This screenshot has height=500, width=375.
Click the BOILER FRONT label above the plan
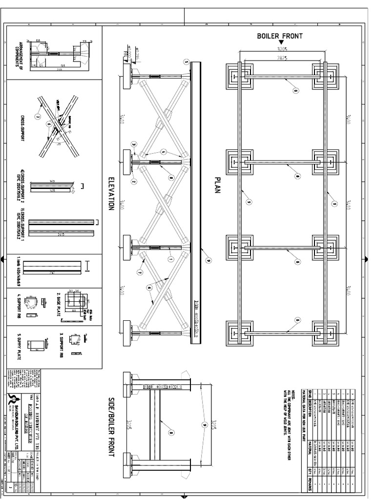point(280,36)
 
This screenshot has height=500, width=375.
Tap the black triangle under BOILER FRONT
point(281,43)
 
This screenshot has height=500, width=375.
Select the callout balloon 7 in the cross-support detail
point(37,116)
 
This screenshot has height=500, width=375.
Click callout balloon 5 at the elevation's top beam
point(186,62)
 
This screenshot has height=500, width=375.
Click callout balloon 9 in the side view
point(204,411)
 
